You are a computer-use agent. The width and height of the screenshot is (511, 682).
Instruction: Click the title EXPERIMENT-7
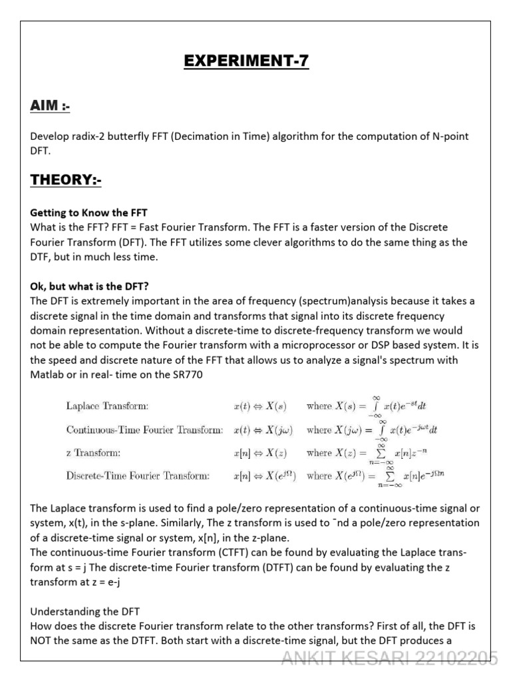(246, 62)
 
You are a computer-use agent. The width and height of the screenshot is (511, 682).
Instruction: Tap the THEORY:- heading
(66, 180)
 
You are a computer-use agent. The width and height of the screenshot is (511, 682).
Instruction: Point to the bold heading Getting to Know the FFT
(88, 213)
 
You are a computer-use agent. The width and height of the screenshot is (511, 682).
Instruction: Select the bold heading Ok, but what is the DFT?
(92, 287)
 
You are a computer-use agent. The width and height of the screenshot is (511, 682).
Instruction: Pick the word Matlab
(47, 374)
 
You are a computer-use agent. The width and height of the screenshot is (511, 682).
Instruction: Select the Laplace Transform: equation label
(107, 405)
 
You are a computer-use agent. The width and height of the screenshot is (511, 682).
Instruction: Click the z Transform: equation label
(93, 452)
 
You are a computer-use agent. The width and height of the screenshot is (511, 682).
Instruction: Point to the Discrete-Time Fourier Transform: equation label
(138, 476)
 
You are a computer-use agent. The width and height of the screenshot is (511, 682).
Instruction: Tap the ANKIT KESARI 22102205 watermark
(389, 659)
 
